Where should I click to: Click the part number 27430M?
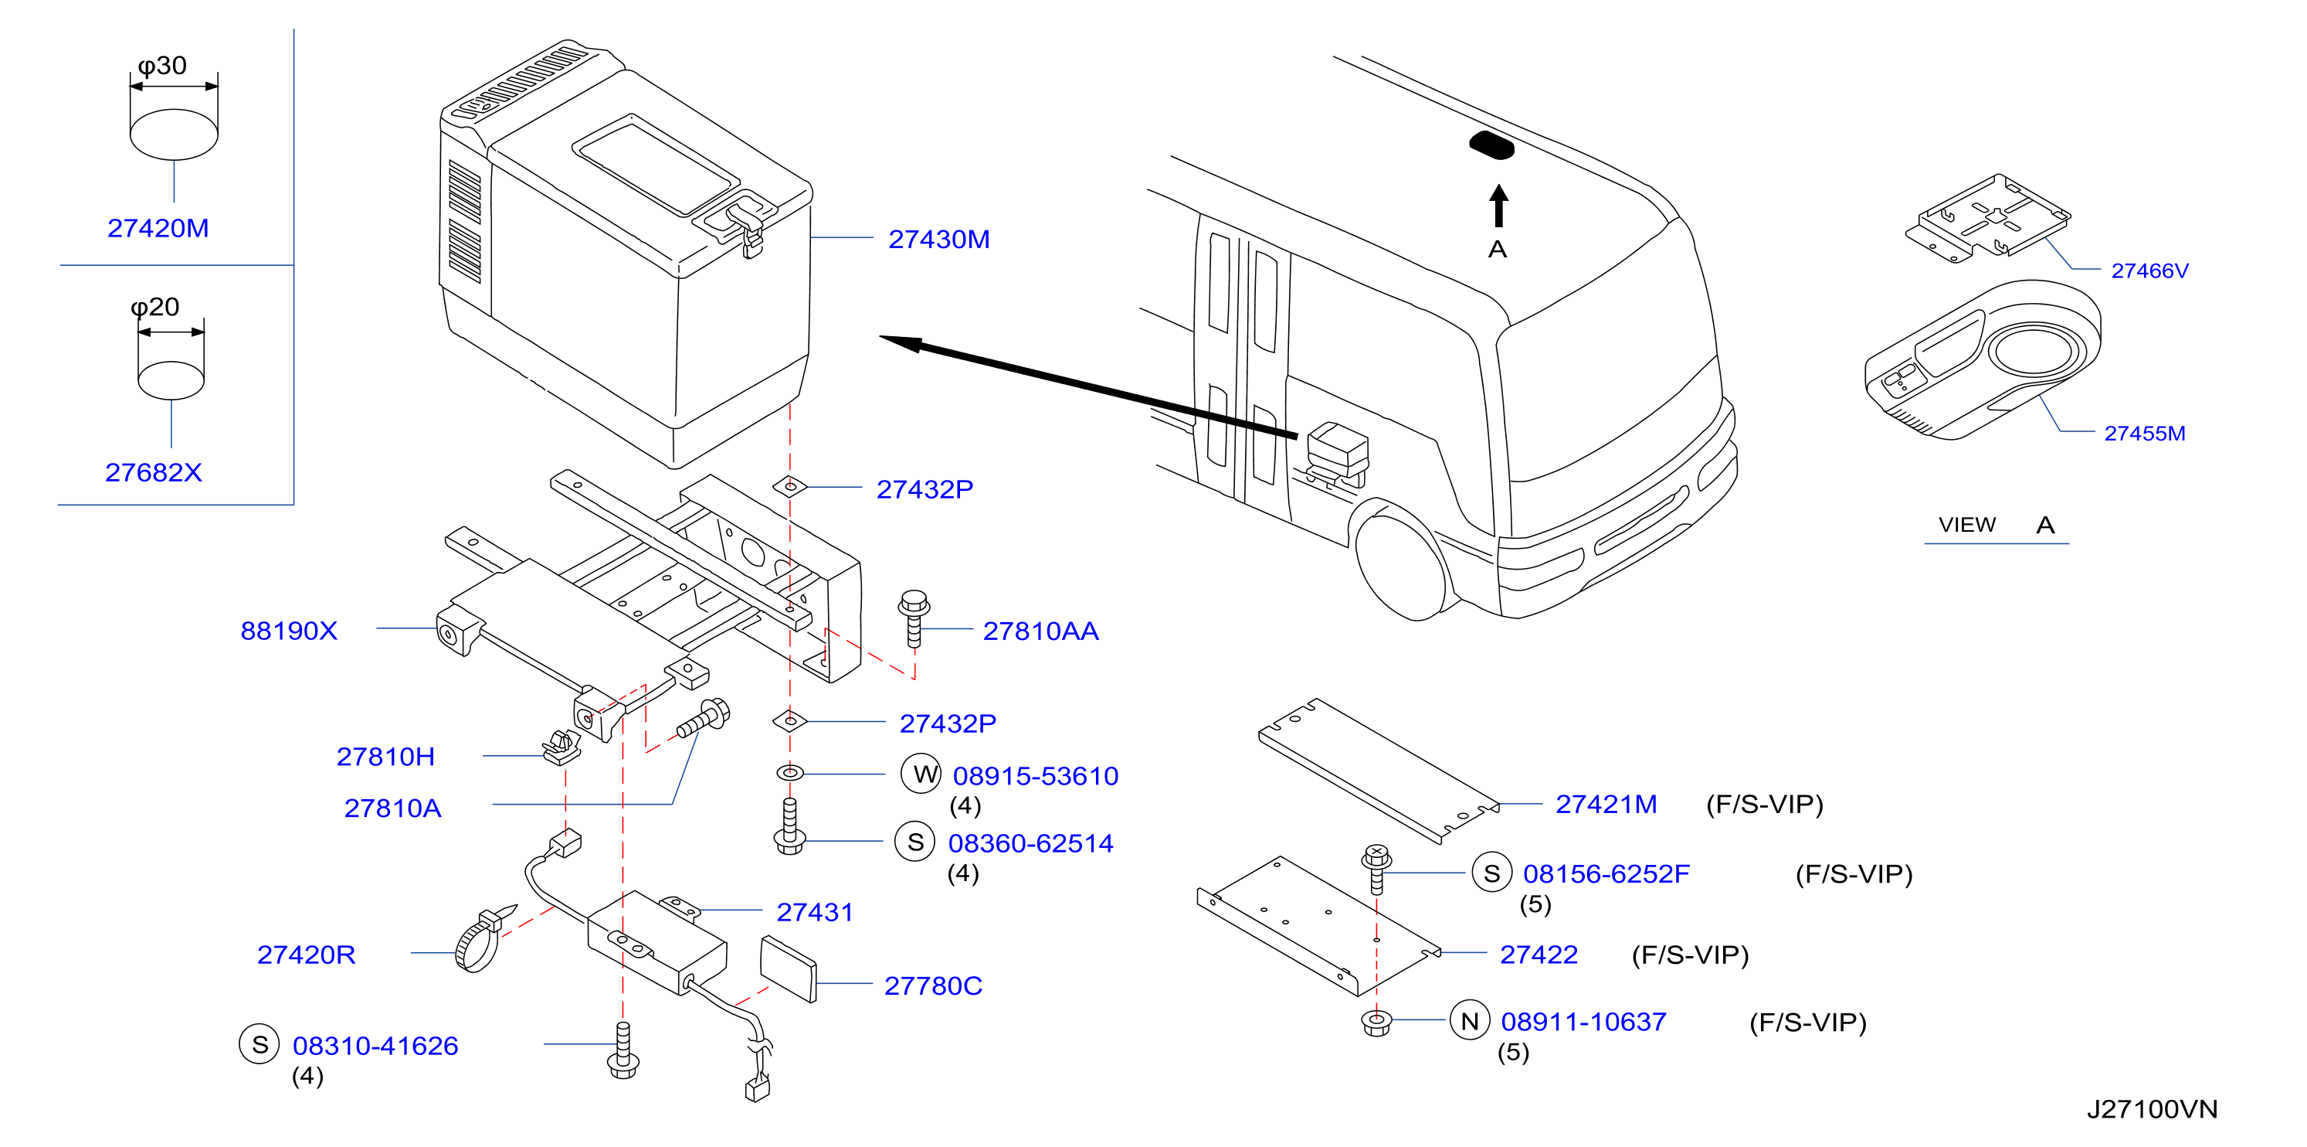[x=938, y=240]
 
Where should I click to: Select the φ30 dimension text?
[x=162, y=66]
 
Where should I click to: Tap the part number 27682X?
[x=153, y=472]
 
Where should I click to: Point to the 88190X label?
[x=288, y=631]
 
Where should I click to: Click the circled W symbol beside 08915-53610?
[x=921, y=774]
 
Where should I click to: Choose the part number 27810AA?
[x=1040, y=631]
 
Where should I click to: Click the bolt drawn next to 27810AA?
[x=914, y=618]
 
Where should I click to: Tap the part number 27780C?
[x=933, y=985]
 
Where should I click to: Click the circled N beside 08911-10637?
[x=1470, y=1021]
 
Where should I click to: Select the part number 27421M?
[x=1606, y=804]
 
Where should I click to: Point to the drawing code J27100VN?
[x=2152, y=1109]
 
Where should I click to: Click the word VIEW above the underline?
[x=1966, y=524]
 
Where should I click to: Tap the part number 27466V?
[x=2149, y=271]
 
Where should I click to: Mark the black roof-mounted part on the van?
[x=1491, y=146]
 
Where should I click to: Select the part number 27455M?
[x=2144, y=434]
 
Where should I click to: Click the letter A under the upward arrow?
[x=1498, y=249]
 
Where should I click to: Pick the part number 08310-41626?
[x=375, y=1046]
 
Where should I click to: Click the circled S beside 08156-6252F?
[x=1491, y=873]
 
